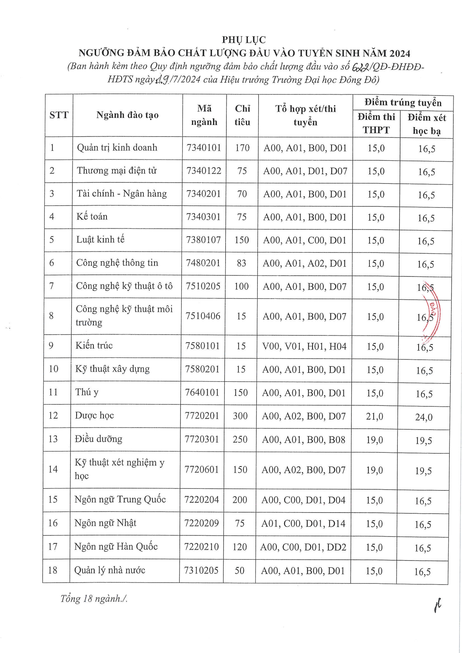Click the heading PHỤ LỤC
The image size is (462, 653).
click(x=244, y=40)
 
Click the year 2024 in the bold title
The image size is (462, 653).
click(x=400, y=53)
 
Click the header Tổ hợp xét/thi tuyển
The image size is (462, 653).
click(x=305, y=115)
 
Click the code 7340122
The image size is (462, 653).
click(x=204, y=171)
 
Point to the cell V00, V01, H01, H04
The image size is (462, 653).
click(x=304, y=346)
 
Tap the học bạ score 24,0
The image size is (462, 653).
click(x=424, y=417)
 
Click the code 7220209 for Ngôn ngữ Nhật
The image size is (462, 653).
click(x=202, y=523)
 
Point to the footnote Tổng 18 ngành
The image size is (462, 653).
click(x=94, y=599)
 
